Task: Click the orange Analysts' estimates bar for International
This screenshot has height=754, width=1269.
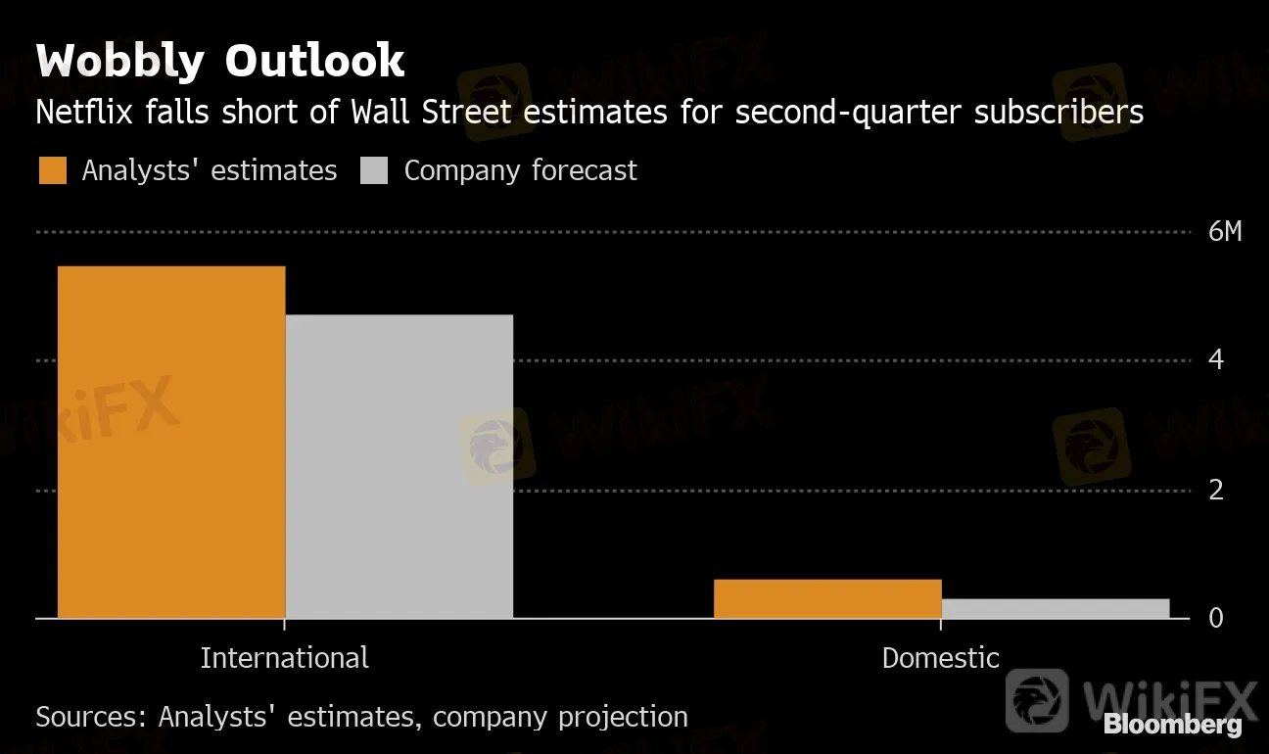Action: tap(171, 442)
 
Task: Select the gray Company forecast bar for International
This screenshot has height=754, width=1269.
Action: tap(399, 466)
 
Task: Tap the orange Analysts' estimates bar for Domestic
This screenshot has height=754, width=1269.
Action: tap(827, 598)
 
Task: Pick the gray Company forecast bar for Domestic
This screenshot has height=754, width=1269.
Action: tap(1056, 608)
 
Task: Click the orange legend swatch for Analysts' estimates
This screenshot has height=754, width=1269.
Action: tap(53, 170)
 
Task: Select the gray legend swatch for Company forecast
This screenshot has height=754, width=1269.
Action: tap(375, 170)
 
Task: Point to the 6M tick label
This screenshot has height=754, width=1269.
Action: tap(1224, 232)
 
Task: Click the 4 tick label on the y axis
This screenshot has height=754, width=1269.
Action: tap(1216, 360)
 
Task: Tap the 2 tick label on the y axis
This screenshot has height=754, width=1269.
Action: tap(1216, 490)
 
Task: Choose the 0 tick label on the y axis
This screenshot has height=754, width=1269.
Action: tap(1217, 619)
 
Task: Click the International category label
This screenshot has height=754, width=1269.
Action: tap(284, 657)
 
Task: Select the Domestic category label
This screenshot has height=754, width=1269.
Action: tap(940, 657)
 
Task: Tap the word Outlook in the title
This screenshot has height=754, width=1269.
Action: tap(314, 61)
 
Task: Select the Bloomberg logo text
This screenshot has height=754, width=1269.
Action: tap(1172, 726)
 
